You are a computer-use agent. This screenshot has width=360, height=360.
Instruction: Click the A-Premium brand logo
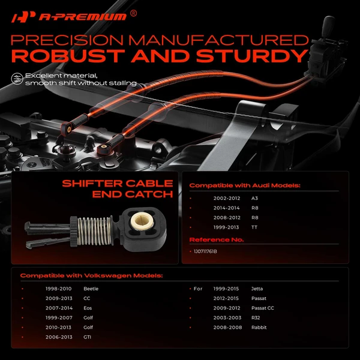(69, 17)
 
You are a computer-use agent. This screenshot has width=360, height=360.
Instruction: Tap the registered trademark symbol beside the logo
(133, 13)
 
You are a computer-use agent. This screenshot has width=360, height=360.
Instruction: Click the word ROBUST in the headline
(68, 56)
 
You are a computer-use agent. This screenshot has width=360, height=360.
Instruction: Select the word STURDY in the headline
(252, 56)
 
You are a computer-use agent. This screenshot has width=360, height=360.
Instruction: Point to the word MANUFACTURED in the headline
(218, 40)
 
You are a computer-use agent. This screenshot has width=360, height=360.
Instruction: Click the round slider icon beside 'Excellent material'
(17, 79)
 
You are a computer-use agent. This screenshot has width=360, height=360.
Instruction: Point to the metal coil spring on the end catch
(94, 231)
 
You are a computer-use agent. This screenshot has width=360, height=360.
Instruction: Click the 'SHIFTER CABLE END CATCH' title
(118, 189)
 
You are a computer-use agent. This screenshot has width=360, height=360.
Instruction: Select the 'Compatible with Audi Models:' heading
(245, 185)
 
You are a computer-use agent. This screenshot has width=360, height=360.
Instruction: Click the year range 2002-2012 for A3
(227, 198)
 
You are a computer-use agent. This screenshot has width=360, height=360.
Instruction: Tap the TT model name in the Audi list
(254, 227)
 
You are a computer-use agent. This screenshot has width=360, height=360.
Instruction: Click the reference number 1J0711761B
(205, 251)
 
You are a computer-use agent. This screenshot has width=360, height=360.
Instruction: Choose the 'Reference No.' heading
(217, 239)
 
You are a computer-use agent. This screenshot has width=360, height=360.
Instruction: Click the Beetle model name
(91, 289)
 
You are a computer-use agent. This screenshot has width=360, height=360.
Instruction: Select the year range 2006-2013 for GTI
(59, 337)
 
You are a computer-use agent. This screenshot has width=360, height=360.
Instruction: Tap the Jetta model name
(257, 289)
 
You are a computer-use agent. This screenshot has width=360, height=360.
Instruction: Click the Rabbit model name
(259, 328)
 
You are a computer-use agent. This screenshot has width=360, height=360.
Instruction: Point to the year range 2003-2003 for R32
(227, 318)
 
